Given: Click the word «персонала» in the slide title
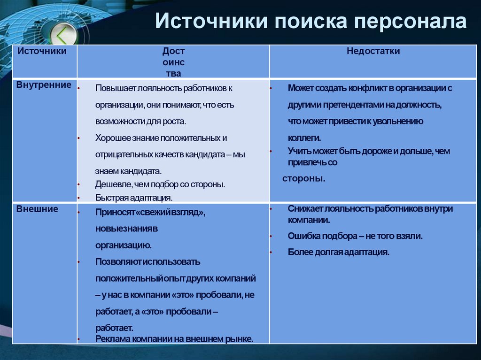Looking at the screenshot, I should pyautogui.click(x=410, y=23).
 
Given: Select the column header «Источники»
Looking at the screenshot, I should pyautogui.click(x=42, y=51).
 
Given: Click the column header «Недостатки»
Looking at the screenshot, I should pyautogui.click(x=373, y=51).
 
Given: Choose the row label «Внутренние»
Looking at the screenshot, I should pyautogui.click(x=44, y=85).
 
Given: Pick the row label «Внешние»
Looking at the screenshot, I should pyautogui.click(x=38, y=209).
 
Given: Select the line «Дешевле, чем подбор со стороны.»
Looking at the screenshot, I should pyautogui.click(x=160, y=184).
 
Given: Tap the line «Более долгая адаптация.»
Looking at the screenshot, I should pyautogui.click(x=339, y=252).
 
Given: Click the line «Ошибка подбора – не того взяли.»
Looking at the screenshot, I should pyautogui.click(x=355, y=236).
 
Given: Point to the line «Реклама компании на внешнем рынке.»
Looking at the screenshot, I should pyautogui.click(x=174, y=338).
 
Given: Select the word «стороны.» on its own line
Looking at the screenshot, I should pyautogui.click(x=304, y=179).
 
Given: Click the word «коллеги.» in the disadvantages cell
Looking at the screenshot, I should pyautogui.click(x=304, y=138).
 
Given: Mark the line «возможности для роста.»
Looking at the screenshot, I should pyautogui.click(x=140, y=121).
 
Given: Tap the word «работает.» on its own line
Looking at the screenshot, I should pyautogui.click(x=114, y=328).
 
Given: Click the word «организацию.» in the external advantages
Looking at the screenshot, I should pyautogui.click(x=124, y=245).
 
